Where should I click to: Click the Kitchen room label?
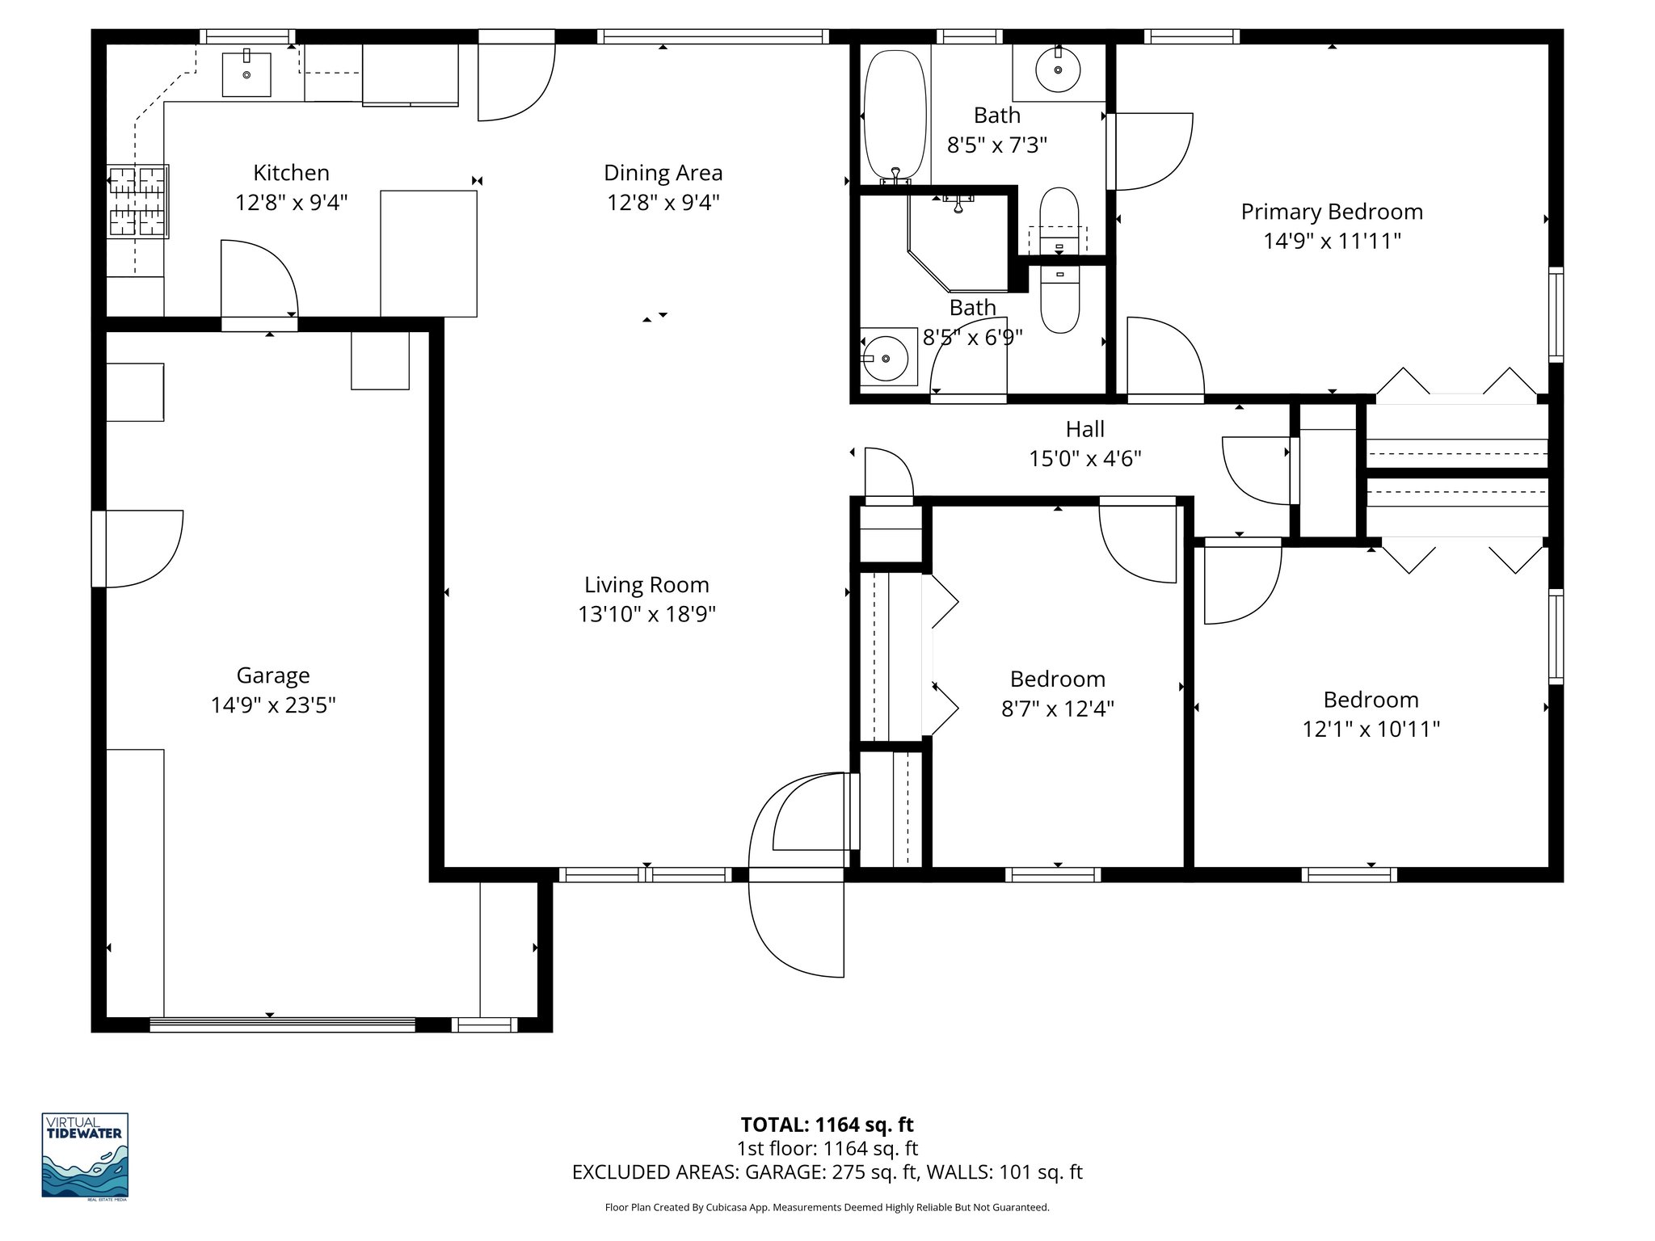291,173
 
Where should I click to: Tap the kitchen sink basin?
246,74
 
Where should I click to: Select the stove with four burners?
137,201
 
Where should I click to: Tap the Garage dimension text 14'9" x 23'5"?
273,705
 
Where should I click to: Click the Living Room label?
646,585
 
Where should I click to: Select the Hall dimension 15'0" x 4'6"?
1084,459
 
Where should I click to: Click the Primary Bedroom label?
1331,212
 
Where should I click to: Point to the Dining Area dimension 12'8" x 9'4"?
663,202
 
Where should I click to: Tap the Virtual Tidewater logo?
85,1155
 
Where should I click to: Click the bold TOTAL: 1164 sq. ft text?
827,1125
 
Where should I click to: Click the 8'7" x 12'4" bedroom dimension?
1057,709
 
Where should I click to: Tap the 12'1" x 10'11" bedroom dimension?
1371,729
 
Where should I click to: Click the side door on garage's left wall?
137,549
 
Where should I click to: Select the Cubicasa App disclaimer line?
827,1208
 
